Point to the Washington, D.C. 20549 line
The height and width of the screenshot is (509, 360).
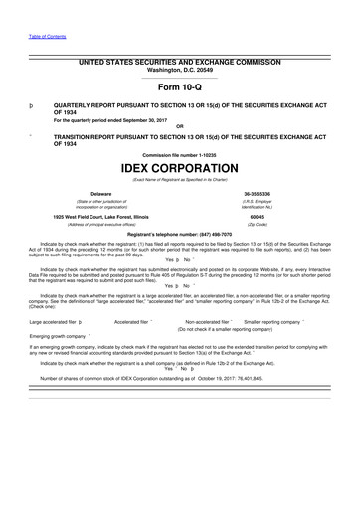[x=179, y=71]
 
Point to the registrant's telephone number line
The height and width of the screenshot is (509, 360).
[x=179, y=234]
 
